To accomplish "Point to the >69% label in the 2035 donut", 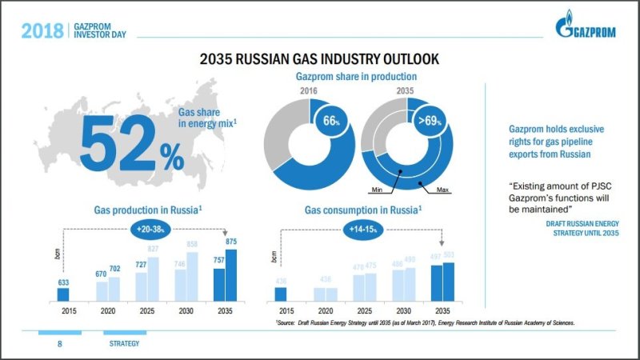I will tap(428, 122).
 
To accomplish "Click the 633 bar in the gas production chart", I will tap(64, 294).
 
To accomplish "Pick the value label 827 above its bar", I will tap(152, 250).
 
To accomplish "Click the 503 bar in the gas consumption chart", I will tap(449, 282).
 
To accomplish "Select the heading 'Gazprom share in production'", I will tap(356, 77).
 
